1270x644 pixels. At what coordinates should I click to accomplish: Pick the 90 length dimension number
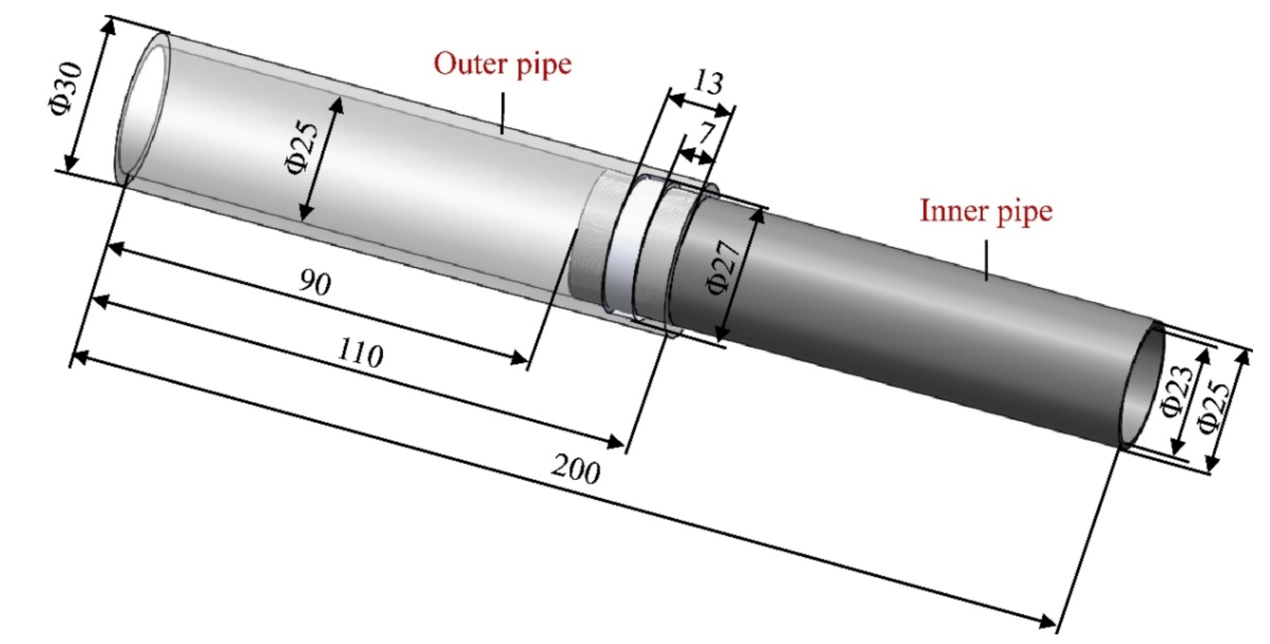pyautogui.click(x=316, y=283)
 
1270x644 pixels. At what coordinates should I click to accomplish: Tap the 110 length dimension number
pyautogui.click(x=360, y=354)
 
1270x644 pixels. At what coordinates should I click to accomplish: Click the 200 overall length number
pyautogui.click(x=575, y=470)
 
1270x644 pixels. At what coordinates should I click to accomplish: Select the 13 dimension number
pyautogui.click(x=708, y=83)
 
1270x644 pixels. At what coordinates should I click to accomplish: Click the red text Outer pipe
pyautogui.click(x=503, y=64)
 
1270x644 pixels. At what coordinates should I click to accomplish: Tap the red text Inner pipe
pyautogui.click(x=986, y=211)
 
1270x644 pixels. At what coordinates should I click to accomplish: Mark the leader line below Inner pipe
pyautogui.click(x=986, y=260)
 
